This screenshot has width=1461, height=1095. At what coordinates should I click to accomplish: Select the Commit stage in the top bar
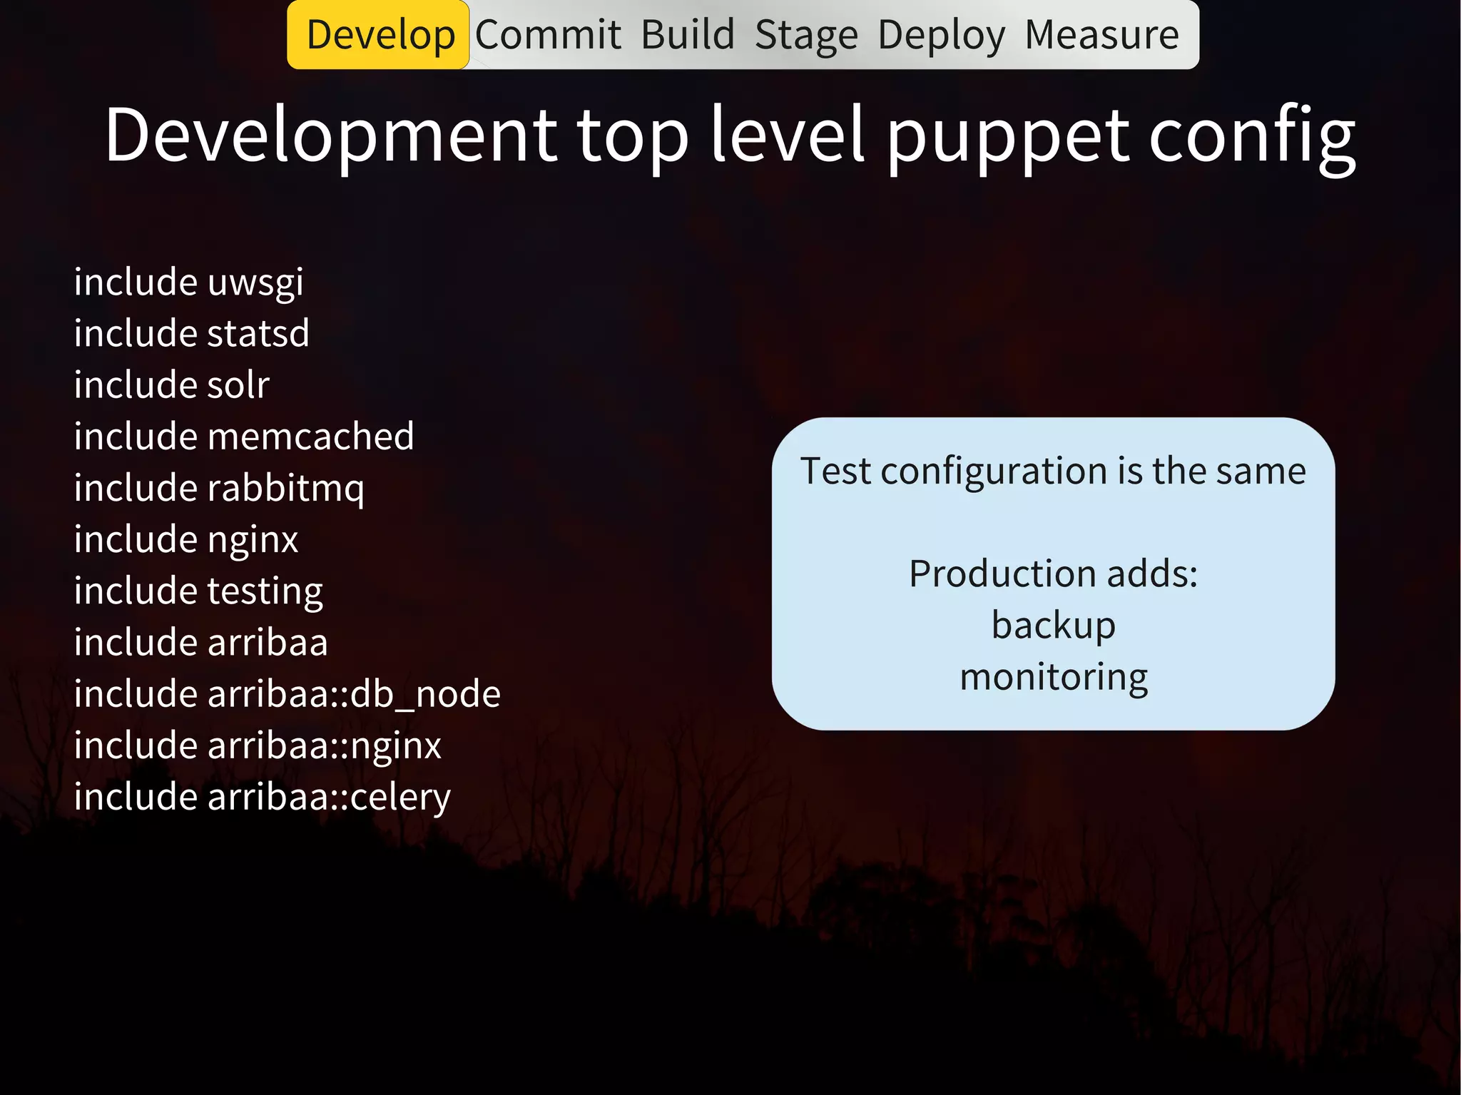(x=548, y=35)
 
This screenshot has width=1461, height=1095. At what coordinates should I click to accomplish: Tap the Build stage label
(x=688, y=35)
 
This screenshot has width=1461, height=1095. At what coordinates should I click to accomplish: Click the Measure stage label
(x=1102, y=35)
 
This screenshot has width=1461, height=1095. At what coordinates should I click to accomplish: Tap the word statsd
(x=258, y=334)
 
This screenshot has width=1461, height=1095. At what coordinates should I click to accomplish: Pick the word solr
(x=238, y=385)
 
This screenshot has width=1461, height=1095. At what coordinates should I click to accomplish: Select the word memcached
(x=310, y=437)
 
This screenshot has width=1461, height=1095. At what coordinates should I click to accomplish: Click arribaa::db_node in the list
(x=354, y=694)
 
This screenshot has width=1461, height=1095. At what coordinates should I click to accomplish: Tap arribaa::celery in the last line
(x=329, y=797)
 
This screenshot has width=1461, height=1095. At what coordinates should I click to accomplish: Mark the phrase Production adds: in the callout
(x=1053, y=574)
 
